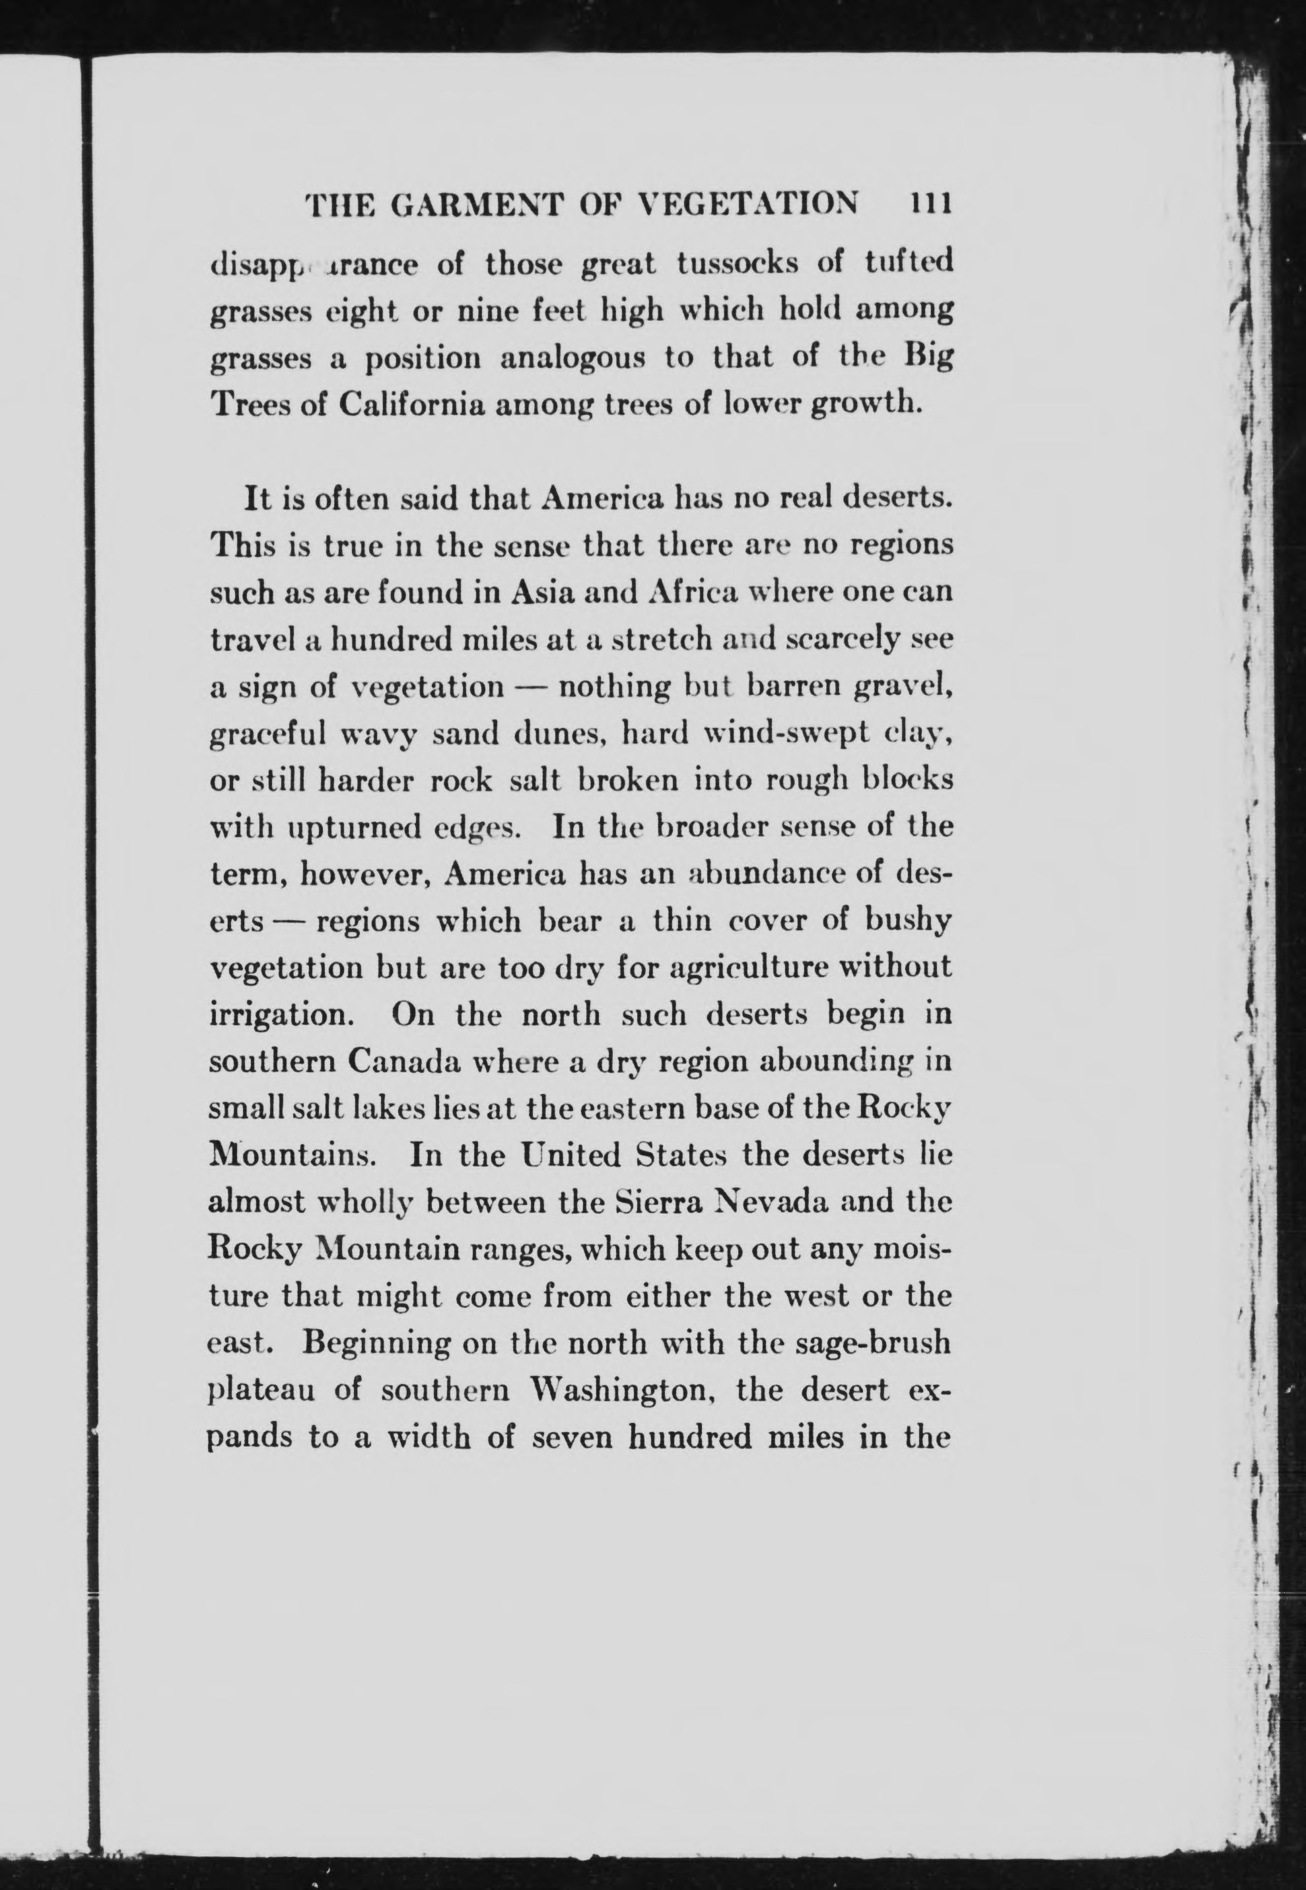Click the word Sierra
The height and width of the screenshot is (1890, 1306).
[664, 1203]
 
